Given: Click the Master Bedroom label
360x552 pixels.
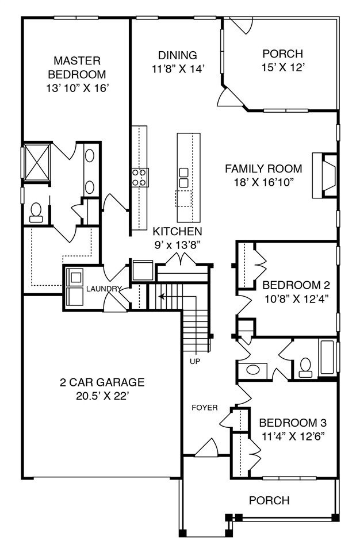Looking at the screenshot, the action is pyautogui.click(x=77, y=67).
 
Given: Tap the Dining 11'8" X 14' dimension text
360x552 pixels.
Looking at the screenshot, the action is pyautogui.click(x=178, y=68).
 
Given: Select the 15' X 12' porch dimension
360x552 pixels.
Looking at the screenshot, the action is pyautogui.click(x=283, y=67).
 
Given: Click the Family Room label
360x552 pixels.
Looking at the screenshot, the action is pyautogui.click(x=263, y=168).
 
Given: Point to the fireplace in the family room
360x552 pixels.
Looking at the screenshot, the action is pyautogui.click(x=324, y=175).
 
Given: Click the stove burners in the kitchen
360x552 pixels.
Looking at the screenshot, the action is pyautogui.click(x=140, y=178).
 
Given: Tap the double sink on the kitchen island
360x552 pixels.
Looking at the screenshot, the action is pyautogui.click(x=183, y=178).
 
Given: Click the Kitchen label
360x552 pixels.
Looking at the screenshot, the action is pyautogui.click(x=177, y=231).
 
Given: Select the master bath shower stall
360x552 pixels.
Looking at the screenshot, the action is pyautogui.click(x=37, y=162).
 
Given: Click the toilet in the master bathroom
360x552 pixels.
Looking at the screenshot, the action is pyautogui.click(x=36, y=213).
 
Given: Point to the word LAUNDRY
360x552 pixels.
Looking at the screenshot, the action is pyautogui.click(x=104, y=289).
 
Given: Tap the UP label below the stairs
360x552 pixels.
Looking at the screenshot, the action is pyautogui.click(x=195, y=361).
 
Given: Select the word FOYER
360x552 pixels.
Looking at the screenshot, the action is pyautogui.click(x=205, y=408).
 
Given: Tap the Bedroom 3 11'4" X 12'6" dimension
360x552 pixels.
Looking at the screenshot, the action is pyautogui.click(x=293, y=436).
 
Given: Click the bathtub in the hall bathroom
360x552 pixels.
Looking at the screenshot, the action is pyautogui.click(x=327, y=357).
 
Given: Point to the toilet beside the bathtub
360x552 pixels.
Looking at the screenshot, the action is pyautogui.click(x=305, y=368).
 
